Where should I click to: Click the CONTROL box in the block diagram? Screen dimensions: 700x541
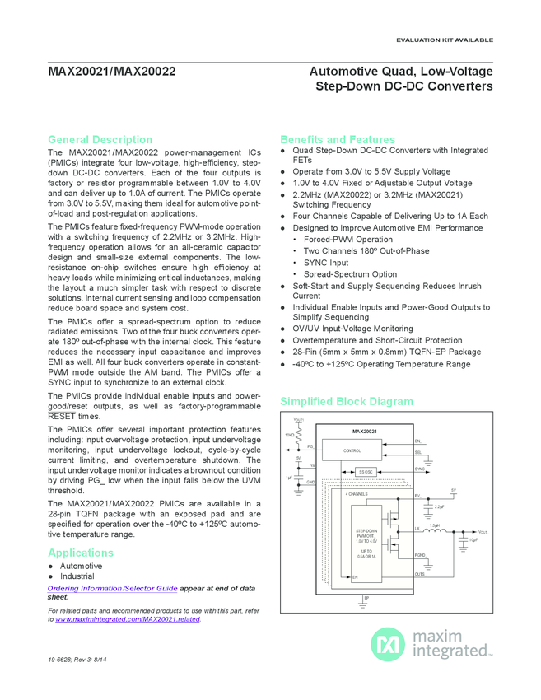click(x=352, y=450)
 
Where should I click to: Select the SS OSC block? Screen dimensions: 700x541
click(x=366, y=471)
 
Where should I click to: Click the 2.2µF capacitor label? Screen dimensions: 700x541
click(x=439, y=507)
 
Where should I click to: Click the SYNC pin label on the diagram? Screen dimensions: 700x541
click(x=419, y=469)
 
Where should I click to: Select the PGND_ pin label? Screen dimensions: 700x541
click(x=420, y=556)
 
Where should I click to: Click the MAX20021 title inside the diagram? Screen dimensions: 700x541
click(x=365, y=432)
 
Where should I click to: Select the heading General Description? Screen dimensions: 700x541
click(x=100, y=140)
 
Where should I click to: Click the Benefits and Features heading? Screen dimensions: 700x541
click(x=338, y=140)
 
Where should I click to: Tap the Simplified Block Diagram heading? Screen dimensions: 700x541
click(x=347, y=402)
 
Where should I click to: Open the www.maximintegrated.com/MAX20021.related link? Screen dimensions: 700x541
click(x=128, y=619)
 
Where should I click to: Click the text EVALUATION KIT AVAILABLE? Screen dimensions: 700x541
click(x=445, y=40)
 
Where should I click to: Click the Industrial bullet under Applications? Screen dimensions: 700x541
click(x=77, y=576)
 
